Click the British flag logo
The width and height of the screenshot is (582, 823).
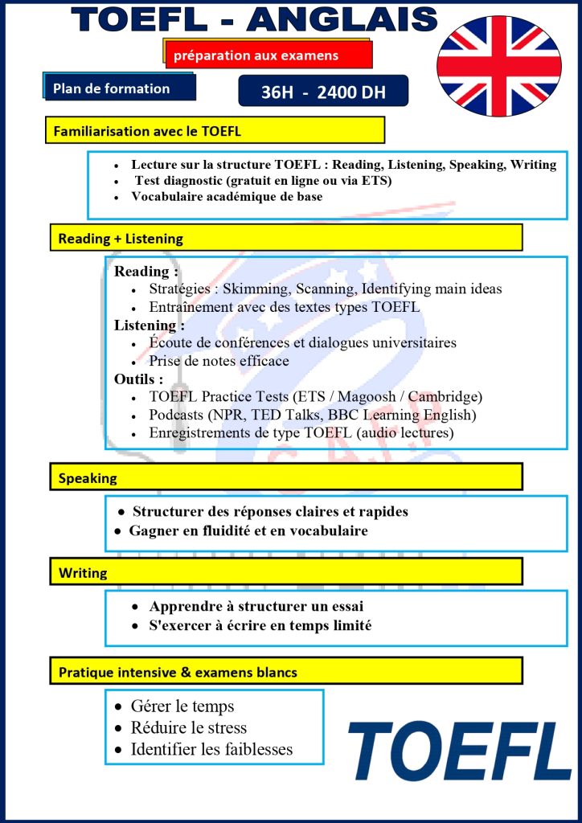[x=498, y=66]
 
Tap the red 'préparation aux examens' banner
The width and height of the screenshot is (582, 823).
[x=268, y=55]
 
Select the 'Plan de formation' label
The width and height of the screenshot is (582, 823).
[x=119, y=88]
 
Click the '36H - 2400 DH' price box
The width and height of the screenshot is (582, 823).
[x=323, y=92]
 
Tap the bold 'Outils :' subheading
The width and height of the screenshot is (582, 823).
[x=138, y=379]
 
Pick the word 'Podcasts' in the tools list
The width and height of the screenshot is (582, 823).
[x=177, y=415]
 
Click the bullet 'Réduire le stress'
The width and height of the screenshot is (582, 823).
[x=189, y=728]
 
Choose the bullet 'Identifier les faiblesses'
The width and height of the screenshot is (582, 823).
[x=211, y=750]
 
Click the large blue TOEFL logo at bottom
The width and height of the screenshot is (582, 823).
[x=459, y=751]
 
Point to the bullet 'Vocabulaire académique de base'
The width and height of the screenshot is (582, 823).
[x=227, y=197]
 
